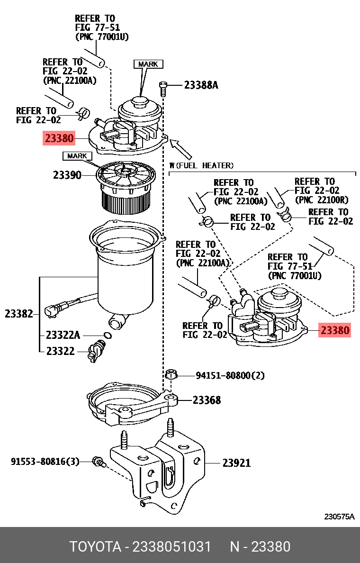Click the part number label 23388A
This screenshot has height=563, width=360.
pyautogui.click(x=201, y=85)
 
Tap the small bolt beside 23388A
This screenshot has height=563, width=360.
pyautogui.click(x=162, y=88)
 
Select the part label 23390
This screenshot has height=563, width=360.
pyautogui.click(x=67, y=175)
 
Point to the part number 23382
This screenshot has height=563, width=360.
pyautogui.click(x=18, y=314)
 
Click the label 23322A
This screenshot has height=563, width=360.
pyautogui.click(x=63, y=335)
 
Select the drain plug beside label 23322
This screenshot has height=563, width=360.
pyautogui.click(x=95, y=351)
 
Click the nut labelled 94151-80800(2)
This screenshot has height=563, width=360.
pyautogui.click(x=171, y=375)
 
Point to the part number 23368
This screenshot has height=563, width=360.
pyautogui.click(x=207, y=400)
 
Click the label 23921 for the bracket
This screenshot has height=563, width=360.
pyautogui.click(x=236, y=463)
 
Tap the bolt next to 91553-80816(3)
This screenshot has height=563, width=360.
pyautogui.click(x=99, y=462)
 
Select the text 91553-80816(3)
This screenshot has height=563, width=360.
pyautogui.click(x=45, y=462)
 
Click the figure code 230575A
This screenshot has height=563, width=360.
pyautogui.click(x=339, y=517)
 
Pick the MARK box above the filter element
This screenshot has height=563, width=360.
pyautogui.click(x=77, y=156)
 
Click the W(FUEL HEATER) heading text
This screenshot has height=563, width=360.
pyautogui.click(x=201, y=165)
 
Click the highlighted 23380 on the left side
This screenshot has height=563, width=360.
pyautogui.click(x=59, y=138)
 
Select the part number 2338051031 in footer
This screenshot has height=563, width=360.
pyautogui.click(x=171, y=547)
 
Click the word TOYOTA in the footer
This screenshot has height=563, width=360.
pyautogui.click(x=95, y=547)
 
